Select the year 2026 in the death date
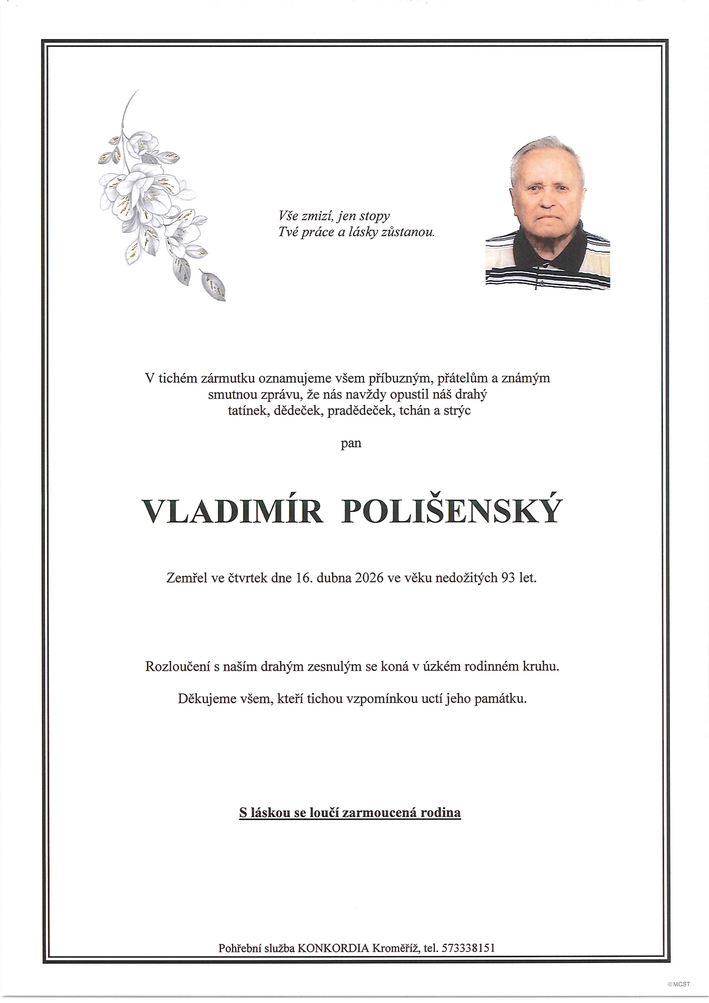tap(369, 578)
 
